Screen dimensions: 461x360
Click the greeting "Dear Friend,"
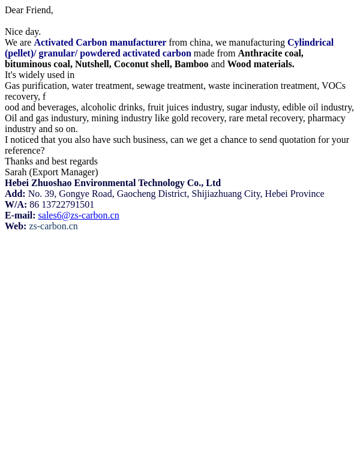[29, 10]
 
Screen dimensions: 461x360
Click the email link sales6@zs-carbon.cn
[79, 215]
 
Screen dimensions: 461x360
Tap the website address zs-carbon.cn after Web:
[53, 226]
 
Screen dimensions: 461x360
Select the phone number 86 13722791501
[62, 205]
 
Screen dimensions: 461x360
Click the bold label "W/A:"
[16, 205]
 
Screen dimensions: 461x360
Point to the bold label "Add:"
[15, 194]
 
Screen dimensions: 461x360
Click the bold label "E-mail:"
[20, 215]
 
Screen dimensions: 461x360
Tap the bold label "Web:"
[16, 226]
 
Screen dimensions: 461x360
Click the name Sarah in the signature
[16, 172]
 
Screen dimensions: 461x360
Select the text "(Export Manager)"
[64, 172]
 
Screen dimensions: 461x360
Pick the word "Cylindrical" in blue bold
[310, 43]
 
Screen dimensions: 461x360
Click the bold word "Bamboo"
[191, 64]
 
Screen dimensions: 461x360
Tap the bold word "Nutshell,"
[92, 64]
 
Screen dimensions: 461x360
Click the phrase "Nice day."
[23, 32]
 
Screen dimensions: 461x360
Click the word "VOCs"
[334, 86]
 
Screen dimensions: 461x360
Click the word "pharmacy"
[326, 118]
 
